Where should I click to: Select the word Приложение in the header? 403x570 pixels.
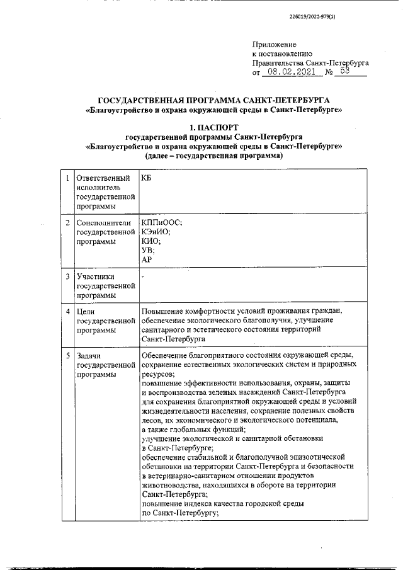pos(273,45)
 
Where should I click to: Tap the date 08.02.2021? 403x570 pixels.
pos(291,72)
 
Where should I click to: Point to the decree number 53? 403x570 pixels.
pos(344,72)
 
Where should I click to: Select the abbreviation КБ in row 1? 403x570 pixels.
pos(147,179)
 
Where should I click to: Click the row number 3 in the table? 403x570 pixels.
pos(67,276)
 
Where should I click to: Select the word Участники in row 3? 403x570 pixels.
pos(96,276)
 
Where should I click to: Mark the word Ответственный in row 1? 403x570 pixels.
pos(104,179)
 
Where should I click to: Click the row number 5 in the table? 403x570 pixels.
pos(67,355)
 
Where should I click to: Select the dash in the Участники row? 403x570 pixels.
pos(144,276)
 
